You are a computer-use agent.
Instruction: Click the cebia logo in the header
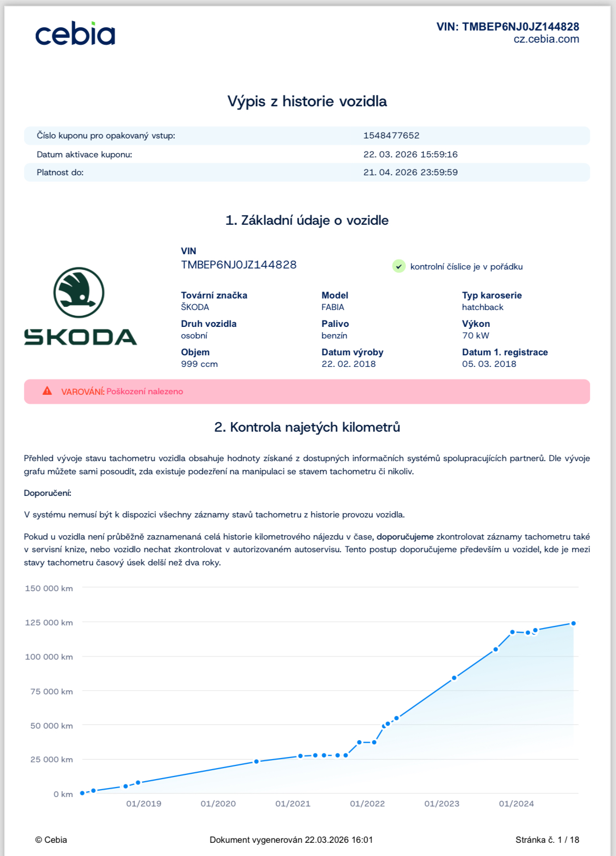[x=75, y=34]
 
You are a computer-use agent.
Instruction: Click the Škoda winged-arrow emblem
[x=79, y=293]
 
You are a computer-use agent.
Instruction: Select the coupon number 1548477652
[x=391, y=135]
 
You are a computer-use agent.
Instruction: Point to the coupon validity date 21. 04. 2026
[x=410, y=172]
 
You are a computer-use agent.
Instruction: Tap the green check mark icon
[x=399, y=266]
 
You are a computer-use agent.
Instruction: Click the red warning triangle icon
[x=47, y=391]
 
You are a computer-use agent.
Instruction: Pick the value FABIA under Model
[x=333, y=307]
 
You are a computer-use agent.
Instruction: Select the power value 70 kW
[x=475, y=335]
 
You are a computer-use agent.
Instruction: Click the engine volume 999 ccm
[x=199, y=364]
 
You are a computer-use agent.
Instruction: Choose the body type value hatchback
[x=482, y=307]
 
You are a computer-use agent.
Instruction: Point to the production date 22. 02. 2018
[x=349, y=364]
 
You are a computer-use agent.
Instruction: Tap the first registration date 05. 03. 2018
[x=489, y=364]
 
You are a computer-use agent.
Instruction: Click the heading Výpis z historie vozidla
[x=307, y=101]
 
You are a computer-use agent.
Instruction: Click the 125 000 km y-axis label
[x=49, y=622]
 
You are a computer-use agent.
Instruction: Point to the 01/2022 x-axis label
[x=367, y=803]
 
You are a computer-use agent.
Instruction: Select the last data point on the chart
[x=573, y=623]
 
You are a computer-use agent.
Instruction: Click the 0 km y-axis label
[x=63, y=794]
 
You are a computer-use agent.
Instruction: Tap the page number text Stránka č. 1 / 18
[x=547, y=840]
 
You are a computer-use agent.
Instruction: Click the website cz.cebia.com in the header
[x=546, y=39]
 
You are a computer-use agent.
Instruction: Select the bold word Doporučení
[x=47, y=493]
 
